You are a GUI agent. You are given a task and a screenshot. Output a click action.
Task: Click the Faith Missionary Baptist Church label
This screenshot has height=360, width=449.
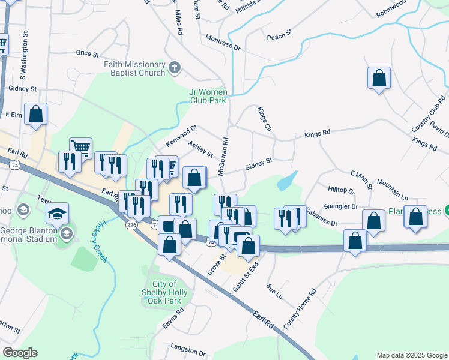pyautogui.click(x=134, y=68)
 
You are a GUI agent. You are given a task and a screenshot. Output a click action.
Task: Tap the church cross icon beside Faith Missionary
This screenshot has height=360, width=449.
pyautogui.click(x=175, y=67)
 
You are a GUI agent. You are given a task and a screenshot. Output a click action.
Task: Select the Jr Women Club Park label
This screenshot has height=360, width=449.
pyautogui.click(x=208, y=96)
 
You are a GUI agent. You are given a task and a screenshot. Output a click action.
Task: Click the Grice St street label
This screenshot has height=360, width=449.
pyautogui.click(x=87, y=53)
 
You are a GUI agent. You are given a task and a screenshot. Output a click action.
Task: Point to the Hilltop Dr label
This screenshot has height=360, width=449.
pyautogui.click(x=342, y=190)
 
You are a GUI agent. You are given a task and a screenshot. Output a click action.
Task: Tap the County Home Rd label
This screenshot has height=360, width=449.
pyautogui.click(x=300, y=310)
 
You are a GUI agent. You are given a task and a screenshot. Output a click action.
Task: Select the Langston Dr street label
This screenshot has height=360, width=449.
pyautogui.click(x=188, y=347)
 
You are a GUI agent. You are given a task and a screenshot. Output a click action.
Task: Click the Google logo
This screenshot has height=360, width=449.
pyautogui.click(x=20, y=353)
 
